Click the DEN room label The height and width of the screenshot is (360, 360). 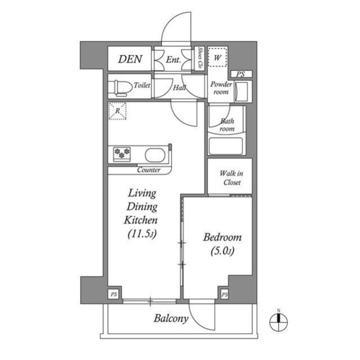130,59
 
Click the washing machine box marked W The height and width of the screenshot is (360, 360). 217,57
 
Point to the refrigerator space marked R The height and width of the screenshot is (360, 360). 117,111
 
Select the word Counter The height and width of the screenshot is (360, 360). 148,170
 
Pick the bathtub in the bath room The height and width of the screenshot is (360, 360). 226,146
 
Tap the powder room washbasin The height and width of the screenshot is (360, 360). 241,91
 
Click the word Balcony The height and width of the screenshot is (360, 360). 170,319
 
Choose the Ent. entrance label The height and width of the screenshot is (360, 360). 174,60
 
